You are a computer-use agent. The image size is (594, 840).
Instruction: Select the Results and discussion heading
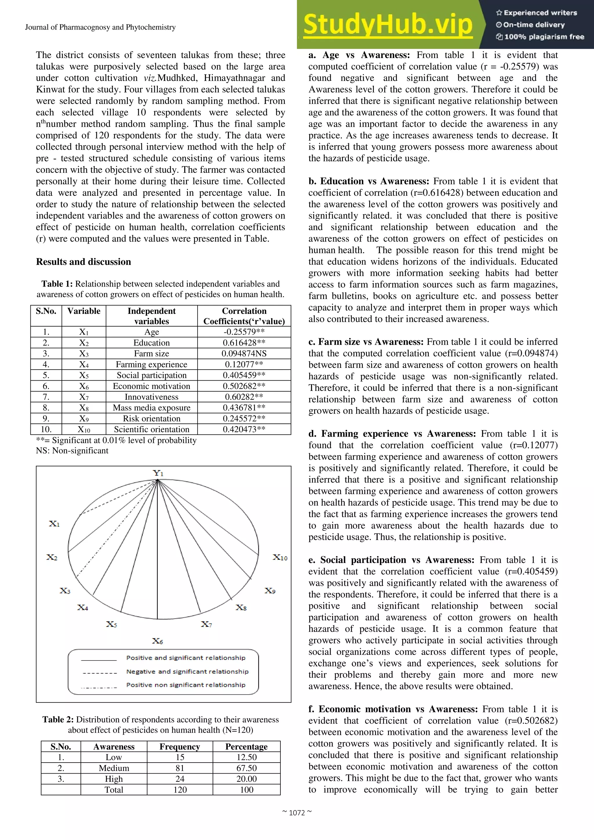click(x=84, y=262)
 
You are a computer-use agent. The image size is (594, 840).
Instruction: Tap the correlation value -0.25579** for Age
click(x=244, y=332)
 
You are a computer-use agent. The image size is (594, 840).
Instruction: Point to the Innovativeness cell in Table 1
click(x=151, y=397)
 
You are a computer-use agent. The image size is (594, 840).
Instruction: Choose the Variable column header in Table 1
click(x=84, y=311)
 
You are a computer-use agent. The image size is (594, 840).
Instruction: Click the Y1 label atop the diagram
click(x=158, y=473)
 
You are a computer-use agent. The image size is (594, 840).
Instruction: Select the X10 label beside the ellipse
click(x=280, y=557)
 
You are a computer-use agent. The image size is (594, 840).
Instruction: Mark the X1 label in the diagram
click(x=54, y=524)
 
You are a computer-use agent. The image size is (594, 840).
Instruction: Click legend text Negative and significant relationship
click(x=187, y=671)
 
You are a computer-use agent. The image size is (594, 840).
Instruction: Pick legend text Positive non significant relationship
click(x=186, y=685)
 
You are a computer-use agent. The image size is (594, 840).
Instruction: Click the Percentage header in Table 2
click(x=246, y=746)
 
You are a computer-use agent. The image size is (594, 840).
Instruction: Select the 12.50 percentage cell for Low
click(x=246, y=757)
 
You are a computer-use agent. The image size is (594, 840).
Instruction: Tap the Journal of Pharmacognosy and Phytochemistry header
click(x=100, y=27)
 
